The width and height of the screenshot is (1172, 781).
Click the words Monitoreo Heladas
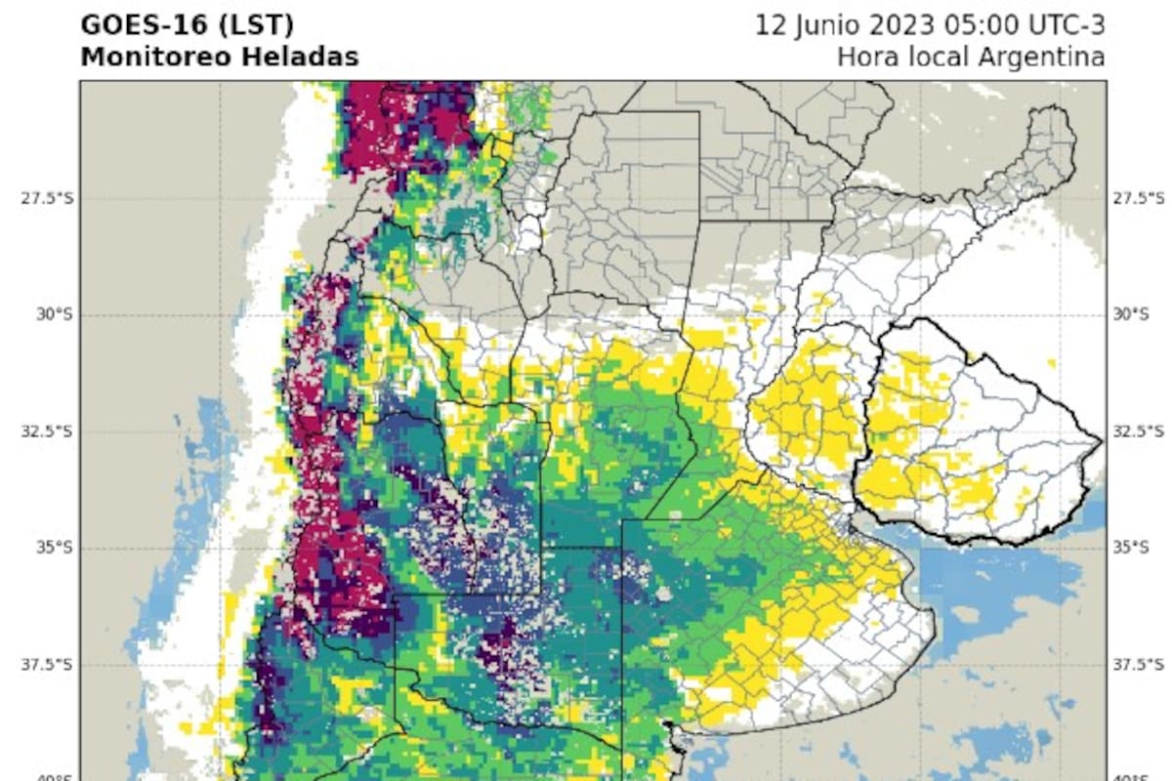[x=219, y=58]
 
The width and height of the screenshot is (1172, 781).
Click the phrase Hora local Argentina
[x=971, y=58]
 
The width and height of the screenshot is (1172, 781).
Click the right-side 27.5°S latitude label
[x=1139, y=198]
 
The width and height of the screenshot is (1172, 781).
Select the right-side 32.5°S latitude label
[x=1139, y=432]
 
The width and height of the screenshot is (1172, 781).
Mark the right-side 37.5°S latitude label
[x=1139, y=665]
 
